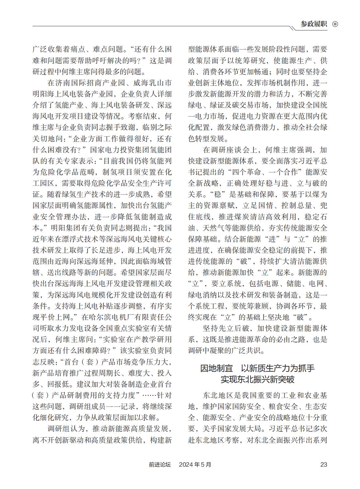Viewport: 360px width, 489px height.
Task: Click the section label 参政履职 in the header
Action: [314, 24]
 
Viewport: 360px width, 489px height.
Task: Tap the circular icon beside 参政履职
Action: [335, 24]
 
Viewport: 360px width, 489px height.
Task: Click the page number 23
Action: [323, 464]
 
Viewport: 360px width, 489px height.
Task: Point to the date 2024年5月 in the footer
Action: [195, 464]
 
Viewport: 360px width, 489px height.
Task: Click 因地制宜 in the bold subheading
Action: [216, 368]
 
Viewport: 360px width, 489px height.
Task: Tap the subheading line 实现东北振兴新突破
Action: [257, 379]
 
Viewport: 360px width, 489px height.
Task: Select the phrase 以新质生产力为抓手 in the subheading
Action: [278, 368]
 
